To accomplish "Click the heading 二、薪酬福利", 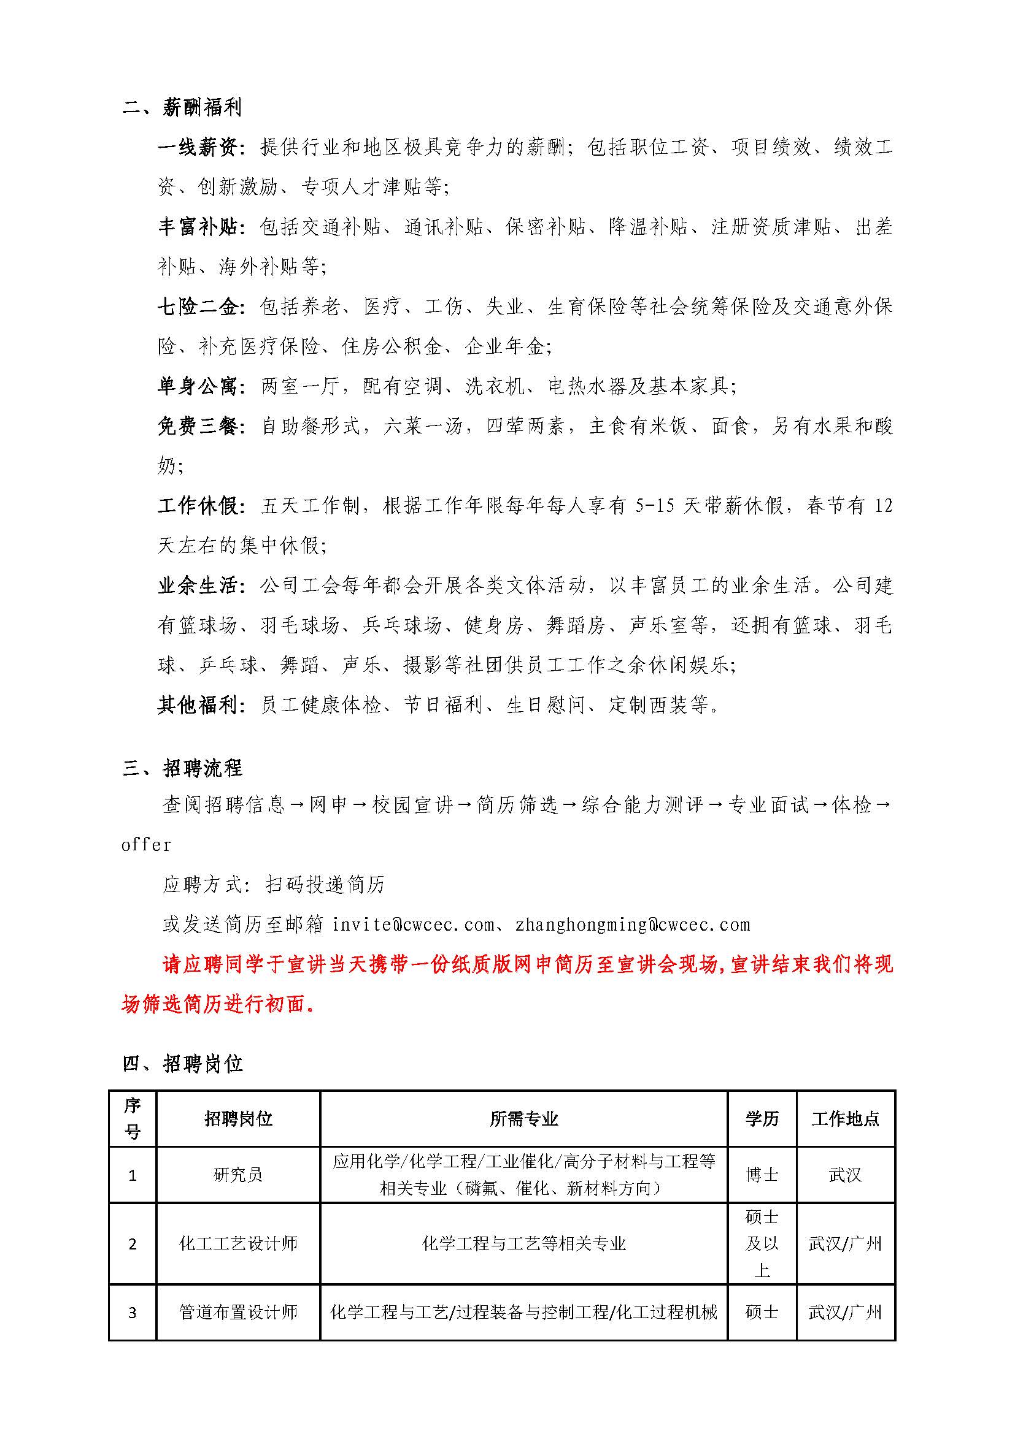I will pos(182,107).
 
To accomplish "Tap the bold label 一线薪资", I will pos(198,147).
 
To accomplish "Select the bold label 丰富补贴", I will pos(198,227).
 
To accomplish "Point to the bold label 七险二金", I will pos(198,307).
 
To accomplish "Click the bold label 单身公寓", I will pos(198,387).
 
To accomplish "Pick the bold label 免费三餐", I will pos(198,426).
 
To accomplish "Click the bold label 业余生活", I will pos(198,586).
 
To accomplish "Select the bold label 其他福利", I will pos(198,705).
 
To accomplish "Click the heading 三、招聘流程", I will pos(182,768).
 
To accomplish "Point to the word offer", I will pos(146,845).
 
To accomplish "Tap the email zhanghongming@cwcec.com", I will pos(633,925).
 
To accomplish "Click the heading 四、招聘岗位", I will pos(182,1063).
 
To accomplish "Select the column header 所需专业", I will pos(523,1119).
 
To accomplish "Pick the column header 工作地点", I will pos(845,1119).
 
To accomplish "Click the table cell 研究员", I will pos(237,1175).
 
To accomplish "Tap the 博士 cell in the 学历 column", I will pos(762,1175).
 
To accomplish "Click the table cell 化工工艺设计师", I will pos(237,1243).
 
